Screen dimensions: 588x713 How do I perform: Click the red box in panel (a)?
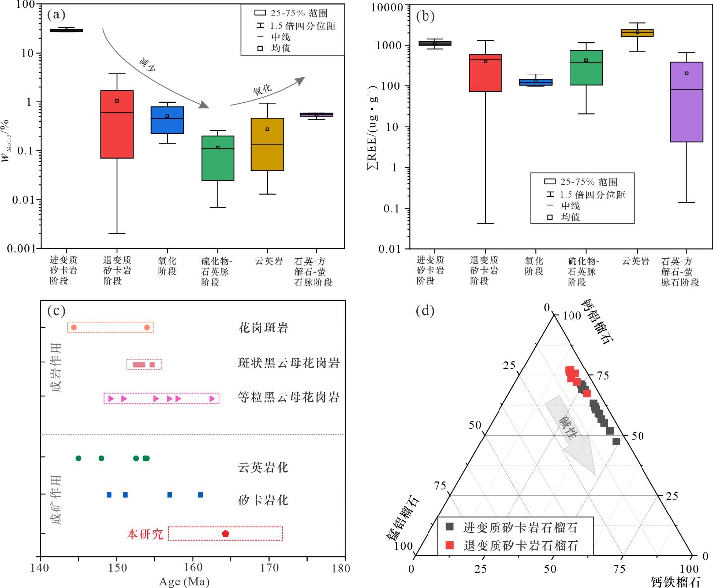(117, 124)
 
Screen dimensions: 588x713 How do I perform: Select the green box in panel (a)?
(217, 158)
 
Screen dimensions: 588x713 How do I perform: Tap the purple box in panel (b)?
(686, 102)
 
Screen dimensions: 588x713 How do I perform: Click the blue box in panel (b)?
(536, 82)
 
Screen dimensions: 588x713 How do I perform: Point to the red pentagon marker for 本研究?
(225, 533)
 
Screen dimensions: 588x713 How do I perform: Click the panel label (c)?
(56, 311)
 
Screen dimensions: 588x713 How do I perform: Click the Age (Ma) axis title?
(184, 581)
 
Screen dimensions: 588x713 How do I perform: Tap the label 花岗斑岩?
(263, 328)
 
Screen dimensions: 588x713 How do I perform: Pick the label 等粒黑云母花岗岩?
(288, 397)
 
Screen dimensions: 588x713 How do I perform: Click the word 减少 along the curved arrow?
(147, 65)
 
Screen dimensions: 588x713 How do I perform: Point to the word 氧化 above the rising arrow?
(262, 90)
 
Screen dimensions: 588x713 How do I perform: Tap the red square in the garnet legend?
(450, 545)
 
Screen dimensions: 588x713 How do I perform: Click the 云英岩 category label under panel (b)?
(636, 260)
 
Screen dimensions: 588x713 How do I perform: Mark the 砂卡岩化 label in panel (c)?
(263, 500)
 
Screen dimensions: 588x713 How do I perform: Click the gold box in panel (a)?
(267, 144)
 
